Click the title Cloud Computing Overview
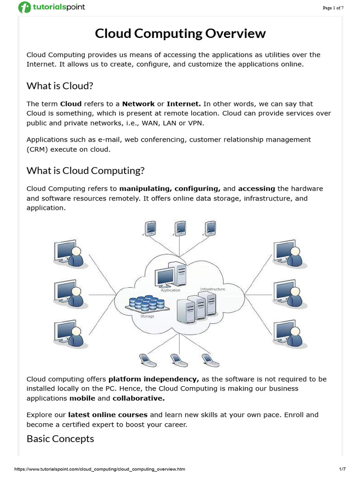180,34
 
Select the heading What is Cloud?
60,86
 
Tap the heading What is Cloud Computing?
85,171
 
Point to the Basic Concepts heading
60,439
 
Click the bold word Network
137,104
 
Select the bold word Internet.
184,104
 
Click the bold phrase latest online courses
108,415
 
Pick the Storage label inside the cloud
147,316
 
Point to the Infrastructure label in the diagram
212,289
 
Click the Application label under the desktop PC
170,290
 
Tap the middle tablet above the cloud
180,228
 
